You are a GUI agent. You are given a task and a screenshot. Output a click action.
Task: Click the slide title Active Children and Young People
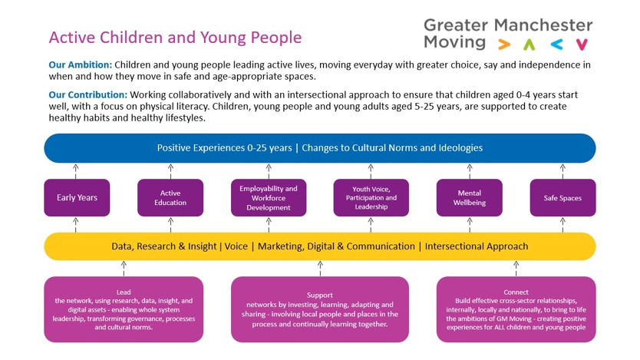point(175,38)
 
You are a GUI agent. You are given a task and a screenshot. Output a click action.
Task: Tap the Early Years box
point(77,198)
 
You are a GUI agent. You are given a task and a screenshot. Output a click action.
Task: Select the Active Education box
point(170,198)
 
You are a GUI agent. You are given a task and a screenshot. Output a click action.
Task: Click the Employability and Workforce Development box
point(269,198)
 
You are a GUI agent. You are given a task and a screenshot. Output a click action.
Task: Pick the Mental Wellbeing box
point(469,198)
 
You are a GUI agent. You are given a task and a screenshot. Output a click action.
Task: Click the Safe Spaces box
point(562,198)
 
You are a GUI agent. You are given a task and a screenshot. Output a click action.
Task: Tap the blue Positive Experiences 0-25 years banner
point(319,147)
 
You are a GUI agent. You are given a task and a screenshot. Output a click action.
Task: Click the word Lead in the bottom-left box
point(124,292)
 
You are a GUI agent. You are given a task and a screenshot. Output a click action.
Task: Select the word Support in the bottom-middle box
point(319,295)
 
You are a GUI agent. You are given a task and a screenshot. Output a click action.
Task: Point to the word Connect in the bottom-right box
point(516,292)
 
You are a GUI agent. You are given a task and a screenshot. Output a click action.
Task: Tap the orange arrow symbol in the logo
point(503,45)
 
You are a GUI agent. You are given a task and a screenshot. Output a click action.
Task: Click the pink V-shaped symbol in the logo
point(582,45)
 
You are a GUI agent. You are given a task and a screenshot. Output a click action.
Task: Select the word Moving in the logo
point(454,42)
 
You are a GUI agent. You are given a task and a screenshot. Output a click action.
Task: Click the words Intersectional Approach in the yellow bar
point(477,246)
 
